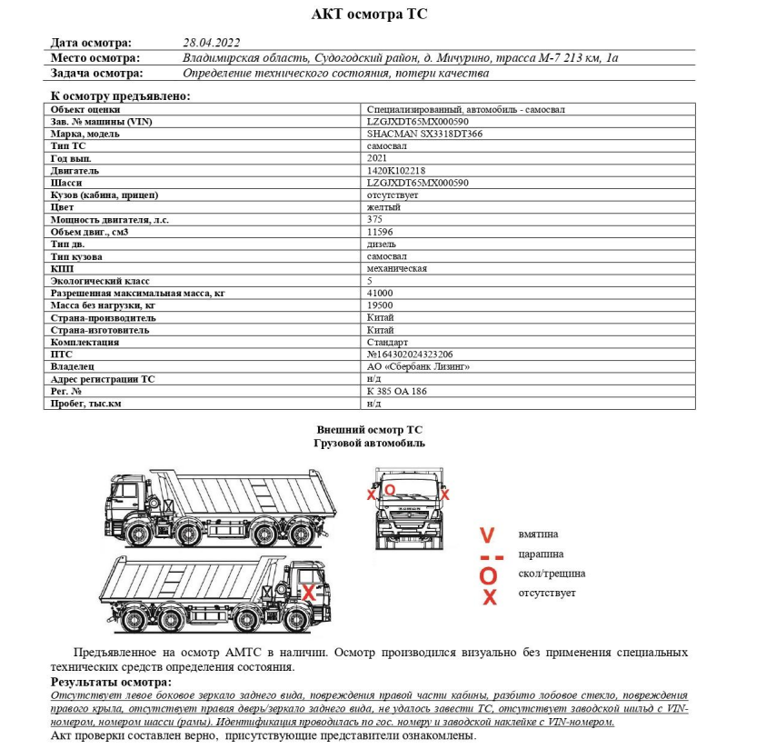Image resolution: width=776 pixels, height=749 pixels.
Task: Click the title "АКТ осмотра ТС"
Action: pyautogui.click(x=369, y=15)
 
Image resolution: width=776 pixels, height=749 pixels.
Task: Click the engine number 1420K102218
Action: pyautogui.click(x=396, y=170)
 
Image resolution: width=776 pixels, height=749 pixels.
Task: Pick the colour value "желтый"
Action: pyautogui.click(x=383, y=207)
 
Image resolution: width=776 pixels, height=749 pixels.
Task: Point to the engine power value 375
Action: pyautogui.click(x=373, y=219)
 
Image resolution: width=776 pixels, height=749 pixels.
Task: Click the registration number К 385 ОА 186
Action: pyautogui.click(x=397, y=392)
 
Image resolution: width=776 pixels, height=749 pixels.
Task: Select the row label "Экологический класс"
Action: pyautogui.click(x=95, y=281)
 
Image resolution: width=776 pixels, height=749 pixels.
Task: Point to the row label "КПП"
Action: pyautogui.click(x=61, y=269)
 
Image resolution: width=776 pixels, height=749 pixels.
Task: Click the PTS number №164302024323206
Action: pyautogui.click(x=410, y=355)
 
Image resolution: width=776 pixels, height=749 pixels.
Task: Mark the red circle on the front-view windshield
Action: pyautogui.click(x=390, y=489)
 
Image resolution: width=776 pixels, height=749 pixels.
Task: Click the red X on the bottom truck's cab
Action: pyautogui.click(x=308, y=592)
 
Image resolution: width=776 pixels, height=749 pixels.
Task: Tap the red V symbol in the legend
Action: pyautogui.click(x=488, y=534)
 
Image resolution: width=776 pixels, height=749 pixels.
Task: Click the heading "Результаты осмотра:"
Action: pyautogui.click(x=110, y=683)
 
